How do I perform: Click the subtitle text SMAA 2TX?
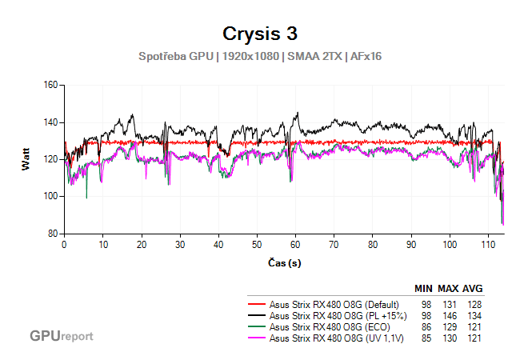pyautogui.click(x=313, y=58)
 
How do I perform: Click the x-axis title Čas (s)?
pyautogui.click(x=285, y=262)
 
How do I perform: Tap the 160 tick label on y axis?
pyautogui.click(x=50, y=85)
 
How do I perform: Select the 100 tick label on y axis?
pyautogui.click(x=50, y=196)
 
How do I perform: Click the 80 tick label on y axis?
pyautogui.click(x=53, y=234)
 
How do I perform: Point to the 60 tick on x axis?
pyautogui.click(x=295, y=244)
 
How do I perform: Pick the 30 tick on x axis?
pyautogui.click(x=180, y=244)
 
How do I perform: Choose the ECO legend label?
pyautogui.click(x=334, y=327)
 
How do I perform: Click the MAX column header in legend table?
pyautogui.click(x=448, y=289)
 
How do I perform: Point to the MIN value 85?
pyautogui.click(x=426, y=338)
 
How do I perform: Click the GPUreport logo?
pyautogui.click(x=61, y=336)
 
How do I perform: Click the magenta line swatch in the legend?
pyautogui.click(x=257, y=338)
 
